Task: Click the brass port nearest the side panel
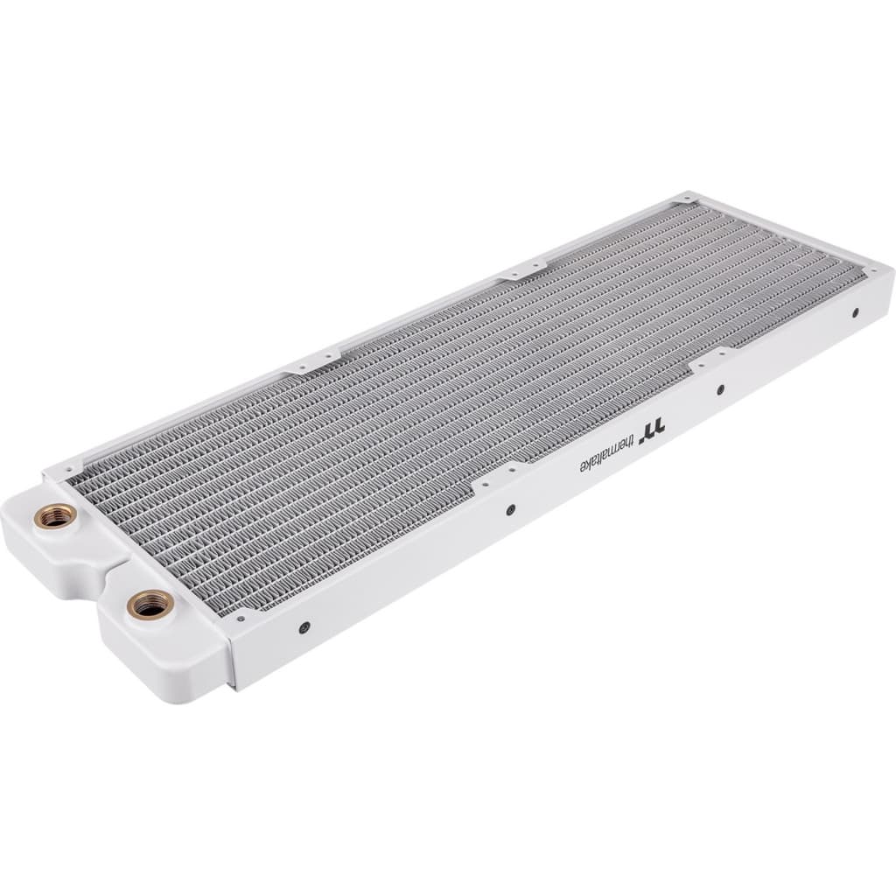pos(150,605)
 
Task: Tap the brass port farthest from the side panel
pos(53,517)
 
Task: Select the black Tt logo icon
pos(655,426)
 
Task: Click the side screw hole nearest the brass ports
pos(304,626)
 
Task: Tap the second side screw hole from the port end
pos(510,509)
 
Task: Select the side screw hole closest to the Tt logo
pos(720,389)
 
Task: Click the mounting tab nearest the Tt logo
pos(713,356)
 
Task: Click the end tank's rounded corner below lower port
pos(188,696)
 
